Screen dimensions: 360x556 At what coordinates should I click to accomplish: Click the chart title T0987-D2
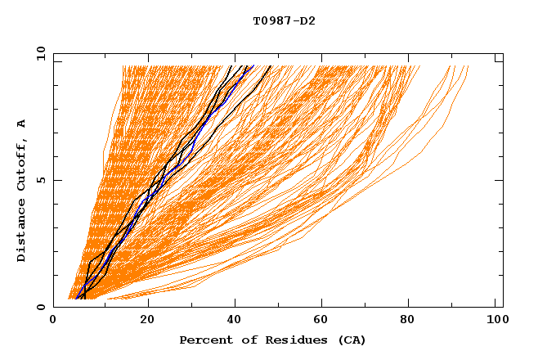284,20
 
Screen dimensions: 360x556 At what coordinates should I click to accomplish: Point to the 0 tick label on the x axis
53,322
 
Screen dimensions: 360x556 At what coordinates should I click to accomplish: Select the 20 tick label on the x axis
147,322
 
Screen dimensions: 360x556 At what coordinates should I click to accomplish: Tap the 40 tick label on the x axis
235,322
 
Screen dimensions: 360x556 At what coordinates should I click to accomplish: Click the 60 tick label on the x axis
325,322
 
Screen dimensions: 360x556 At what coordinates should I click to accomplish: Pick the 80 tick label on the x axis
413,322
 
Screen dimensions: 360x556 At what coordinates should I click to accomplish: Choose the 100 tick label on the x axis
496,322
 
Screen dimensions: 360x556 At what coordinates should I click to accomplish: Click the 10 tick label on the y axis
40,54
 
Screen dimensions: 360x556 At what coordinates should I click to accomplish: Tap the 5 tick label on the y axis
43,180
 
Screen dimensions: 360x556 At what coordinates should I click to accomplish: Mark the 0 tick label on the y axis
43,307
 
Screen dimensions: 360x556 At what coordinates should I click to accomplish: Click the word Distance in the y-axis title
22,230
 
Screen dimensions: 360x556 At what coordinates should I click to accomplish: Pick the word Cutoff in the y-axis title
22,162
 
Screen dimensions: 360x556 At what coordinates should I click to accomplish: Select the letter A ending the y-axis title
22,124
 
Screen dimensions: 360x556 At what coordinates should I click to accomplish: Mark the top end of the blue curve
253,66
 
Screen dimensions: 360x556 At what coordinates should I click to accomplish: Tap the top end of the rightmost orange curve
468,66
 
